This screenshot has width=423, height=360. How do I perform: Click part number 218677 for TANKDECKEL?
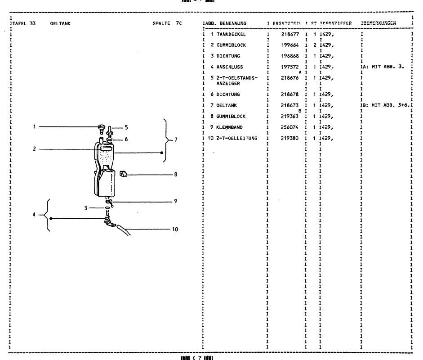tap(290, 35)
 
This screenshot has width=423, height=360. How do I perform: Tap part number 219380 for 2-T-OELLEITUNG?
tap(290, 138)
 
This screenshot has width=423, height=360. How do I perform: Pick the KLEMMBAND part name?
tap(227, 127)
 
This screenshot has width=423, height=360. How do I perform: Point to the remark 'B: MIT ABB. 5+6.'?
tap(385, 105)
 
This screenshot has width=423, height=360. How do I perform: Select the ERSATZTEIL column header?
tap(286, 22)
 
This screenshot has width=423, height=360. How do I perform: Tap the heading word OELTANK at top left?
tap(60, 23)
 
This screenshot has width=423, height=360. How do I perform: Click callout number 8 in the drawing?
tap(176, 175)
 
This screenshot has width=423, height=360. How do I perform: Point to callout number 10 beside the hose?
tap(175, 229)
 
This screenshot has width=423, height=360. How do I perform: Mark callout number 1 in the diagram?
tap(35, 126)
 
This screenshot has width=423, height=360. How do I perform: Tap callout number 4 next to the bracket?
tap(34, 214)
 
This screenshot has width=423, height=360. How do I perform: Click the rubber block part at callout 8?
tap(125, 174)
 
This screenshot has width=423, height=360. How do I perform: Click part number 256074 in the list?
tap(290, 127)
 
